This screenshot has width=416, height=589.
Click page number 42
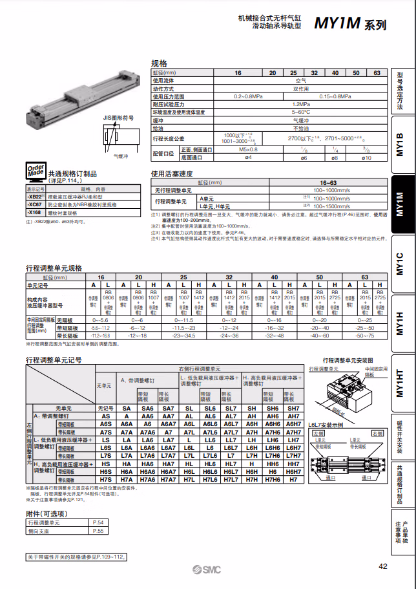coord(382,566)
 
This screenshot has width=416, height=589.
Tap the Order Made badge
coord(36,171)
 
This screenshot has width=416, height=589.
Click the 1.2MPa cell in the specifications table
coord(300,103)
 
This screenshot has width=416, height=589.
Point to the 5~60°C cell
coord(300,112)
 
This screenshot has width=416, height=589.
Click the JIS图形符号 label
coord(118,118)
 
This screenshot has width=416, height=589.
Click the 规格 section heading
coord(159,63)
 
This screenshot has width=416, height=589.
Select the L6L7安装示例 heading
coord(325,424)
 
